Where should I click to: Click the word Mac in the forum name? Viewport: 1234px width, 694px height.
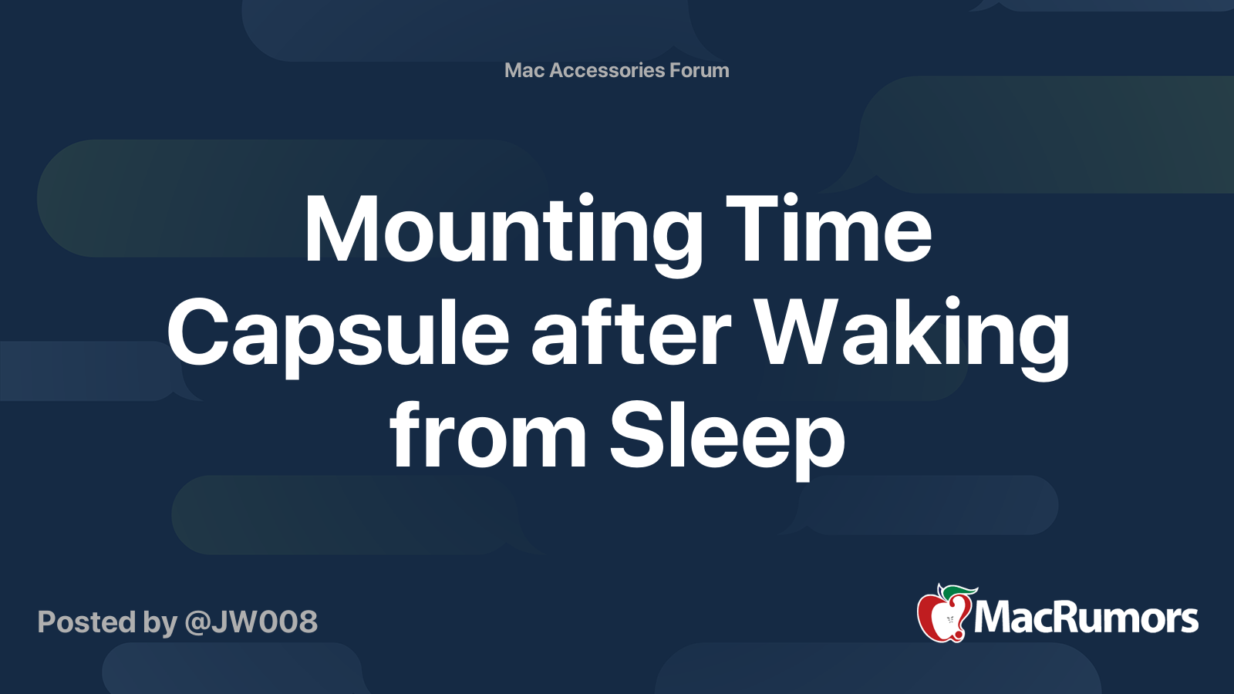pos(524,70)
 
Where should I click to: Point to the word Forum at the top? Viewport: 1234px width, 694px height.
pos(699,70)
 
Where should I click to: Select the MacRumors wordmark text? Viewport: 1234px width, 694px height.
pos(1086,618)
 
